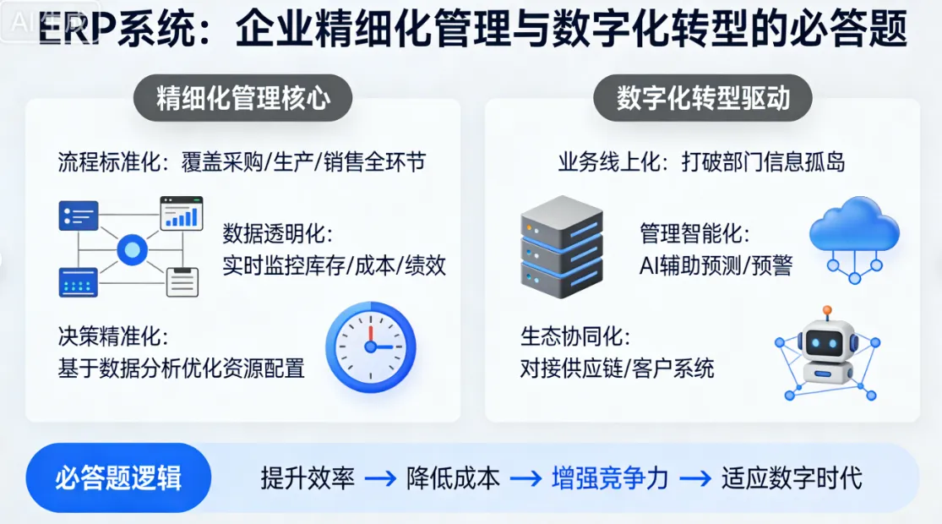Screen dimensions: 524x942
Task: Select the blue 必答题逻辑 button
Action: pyautogui.click(x=118, y=478)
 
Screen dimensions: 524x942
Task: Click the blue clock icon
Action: pyautogui.click(x=371, y=347)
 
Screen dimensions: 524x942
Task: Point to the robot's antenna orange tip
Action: pyautogui.click(x=826, y=311)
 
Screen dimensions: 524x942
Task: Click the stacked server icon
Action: pyautogui.click(x=562, y=246)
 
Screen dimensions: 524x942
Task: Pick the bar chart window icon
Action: pyautogui.click(x=182, y=213)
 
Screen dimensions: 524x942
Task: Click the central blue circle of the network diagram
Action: pyautogui.click(x=132, y=249)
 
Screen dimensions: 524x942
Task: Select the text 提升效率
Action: pyautogui.click(x=307, y=479)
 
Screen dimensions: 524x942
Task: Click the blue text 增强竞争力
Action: pyautogui.click(x=610, y=479)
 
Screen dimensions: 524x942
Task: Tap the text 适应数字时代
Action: pyautogui.click(x=792, y=479)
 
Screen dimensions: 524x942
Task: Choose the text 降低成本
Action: pyautogui.click(x=453, y=479)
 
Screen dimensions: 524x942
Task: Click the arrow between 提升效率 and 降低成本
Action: pyautogui.click(x=380, y=479)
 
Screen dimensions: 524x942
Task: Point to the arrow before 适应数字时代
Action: pyautogui.click(x=695, y=479)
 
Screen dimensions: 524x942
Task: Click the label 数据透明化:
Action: pyautogui.click(x=278, y=234)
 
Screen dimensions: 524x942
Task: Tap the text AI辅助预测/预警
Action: pyautogui.click(x=716, y=265)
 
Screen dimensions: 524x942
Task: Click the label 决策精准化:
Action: pyautogui.click(x=113, y=336)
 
